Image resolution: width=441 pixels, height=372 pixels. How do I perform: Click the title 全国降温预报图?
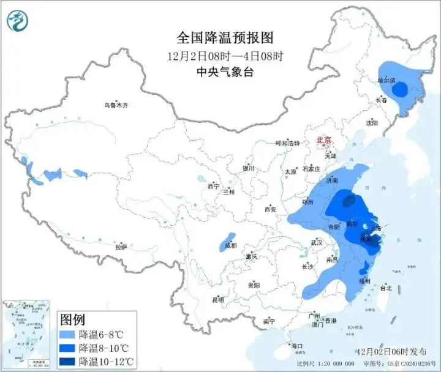pos(224,37)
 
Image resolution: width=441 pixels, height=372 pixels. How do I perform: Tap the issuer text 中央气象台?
pos(224,72)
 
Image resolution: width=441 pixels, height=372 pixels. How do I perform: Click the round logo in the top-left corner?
pos(18,21)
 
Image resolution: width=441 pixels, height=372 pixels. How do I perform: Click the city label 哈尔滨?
pos(387,80)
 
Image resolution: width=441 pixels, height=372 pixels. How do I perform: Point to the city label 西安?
pos(270,209)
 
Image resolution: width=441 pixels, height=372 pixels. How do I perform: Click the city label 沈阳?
pos(372,123)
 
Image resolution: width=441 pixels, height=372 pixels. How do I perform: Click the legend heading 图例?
pos(73,319)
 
